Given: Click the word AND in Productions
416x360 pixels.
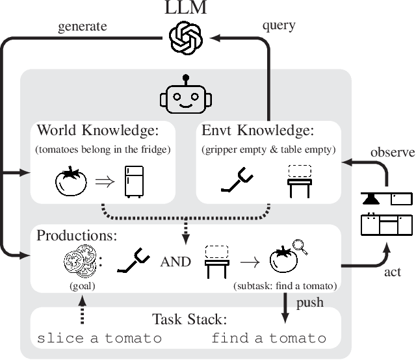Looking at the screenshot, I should point(175,261).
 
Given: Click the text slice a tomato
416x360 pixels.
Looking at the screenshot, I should point(99,339).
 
